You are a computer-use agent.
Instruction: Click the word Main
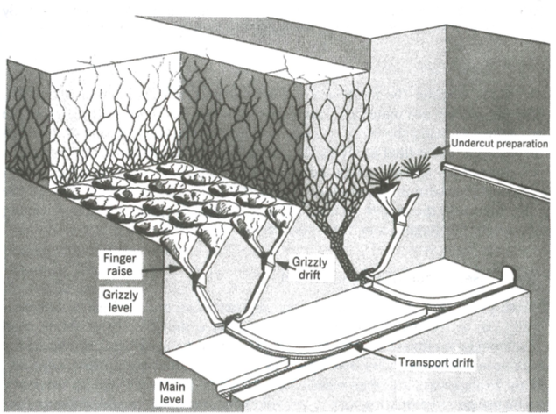point(171,384)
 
